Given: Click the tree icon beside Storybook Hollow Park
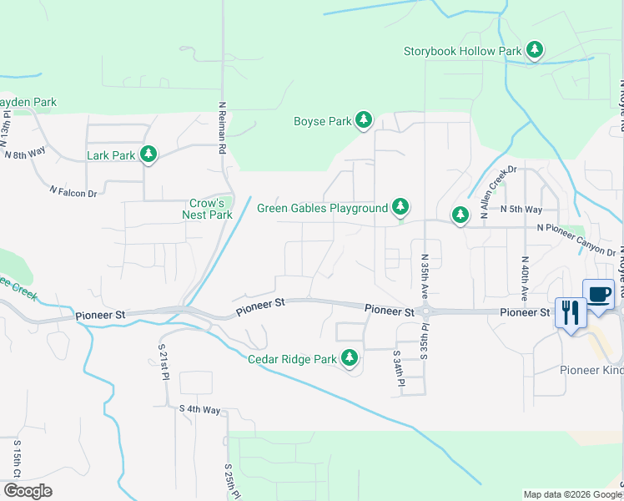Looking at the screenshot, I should [535, 51].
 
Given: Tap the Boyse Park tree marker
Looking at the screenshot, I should [363, 121].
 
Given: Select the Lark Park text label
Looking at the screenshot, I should [111, 155].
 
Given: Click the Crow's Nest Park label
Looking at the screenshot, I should [207, 209].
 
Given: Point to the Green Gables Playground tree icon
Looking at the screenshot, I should [400, 207].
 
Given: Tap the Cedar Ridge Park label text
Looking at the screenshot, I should [292, 360].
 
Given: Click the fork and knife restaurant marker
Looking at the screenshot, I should [571, 312].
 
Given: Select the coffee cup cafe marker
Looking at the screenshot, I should [598, 295].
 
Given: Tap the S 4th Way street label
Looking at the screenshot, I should [199, 409].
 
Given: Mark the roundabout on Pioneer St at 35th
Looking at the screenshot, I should [425, 311].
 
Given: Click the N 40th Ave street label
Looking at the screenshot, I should [526, 278].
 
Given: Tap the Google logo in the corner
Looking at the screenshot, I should [28, 491].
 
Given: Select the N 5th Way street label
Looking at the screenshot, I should [521, 210].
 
